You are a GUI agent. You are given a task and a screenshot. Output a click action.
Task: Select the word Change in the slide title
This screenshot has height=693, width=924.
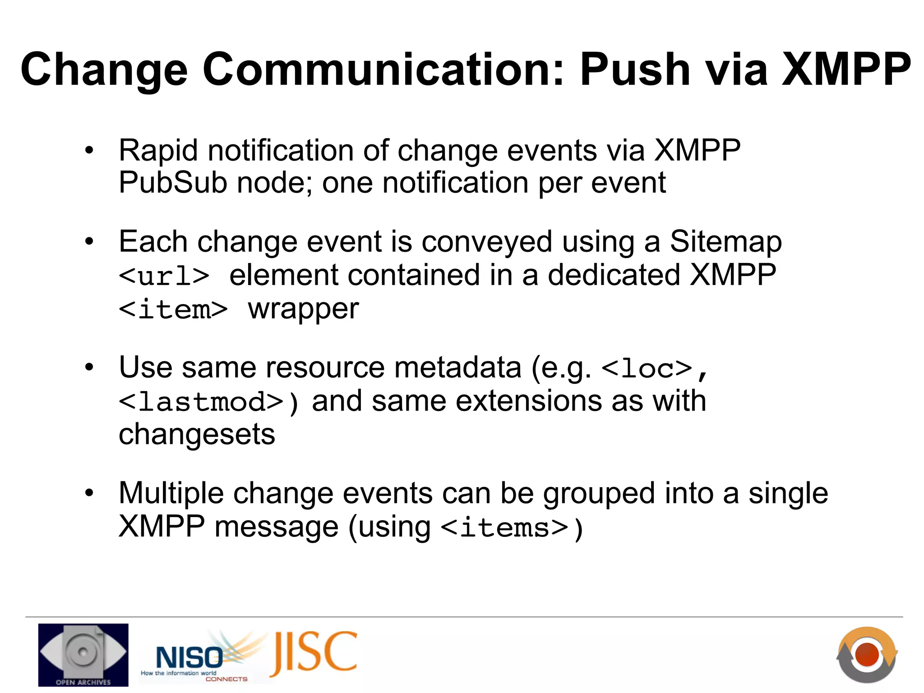pos(104,70)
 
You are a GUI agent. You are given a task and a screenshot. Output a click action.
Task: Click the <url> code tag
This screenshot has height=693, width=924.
pos(164,276)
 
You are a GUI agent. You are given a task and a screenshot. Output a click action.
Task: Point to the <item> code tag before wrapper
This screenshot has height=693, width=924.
pos(173,310)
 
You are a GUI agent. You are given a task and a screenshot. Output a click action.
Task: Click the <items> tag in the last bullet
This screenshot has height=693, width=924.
pos(504,528)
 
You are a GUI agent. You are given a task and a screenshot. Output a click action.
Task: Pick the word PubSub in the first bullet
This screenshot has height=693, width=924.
pos(173,183)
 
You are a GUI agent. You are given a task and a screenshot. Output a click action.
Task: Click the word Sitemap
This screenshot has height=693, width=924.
pos(725,242)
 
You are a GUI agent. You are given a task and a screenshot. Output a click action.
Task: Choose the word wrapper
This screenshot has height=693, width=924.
pos(304,310)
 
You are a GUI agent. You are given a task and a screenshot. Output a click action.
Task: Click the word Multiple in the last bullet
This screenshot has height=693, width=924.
pos(171,493)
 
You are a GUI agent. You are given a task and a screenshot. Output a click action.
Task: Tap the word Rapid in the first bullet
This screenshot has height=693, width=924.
pos(158,150)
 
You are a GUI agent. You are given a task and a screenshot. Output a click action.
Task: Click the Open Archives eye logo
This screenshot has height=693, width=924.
pos(83,655)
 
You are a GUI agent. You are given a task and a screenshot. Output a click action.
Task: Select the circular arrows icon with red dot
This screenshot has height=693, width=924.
pos(867,655)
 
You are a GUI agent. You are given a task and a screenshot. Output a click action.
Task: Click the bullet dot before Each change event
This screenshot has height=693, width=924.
pos(89,242)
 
